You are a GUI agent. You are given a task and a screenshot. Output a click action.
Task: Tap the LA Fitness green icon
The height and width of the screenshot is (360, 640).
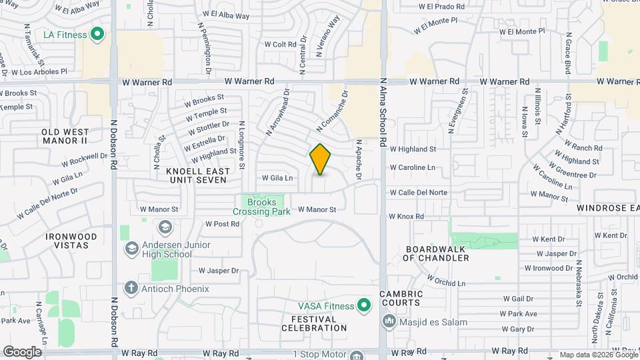(x=97, y=33)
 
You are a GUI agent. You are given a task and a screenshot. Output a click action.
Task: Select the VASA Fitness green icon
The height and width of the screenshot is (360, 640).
(x=363, y=306)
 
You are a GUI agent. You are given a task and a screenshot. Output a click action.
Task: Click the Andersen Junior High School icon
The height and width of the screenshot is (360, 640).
(x=131, y=249)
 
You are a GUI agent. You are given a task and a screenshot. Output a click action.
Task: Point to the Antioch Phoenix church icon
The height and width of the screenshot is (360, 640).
(x=131, y=289)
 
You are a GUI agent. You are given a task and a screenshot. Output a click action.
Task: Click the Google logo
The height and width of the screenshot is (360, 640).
(x=23, y=351)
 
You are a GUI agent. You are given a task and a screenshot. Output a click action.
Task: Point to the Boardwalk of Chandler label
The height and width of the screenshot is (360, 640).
(x=437, y=253)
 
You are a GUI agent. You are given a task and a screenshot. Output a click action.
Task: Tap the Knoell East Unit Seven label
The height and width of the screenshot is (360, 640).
(x=198, y=176)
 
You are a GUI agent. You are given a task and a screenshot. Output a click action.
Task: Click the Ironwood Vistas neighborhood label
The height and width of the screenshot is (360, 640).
(x=71, y=241)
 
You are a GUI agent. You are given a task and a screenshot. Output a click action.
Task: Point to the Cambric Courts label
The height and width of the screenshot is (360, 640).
(x=401, y=298)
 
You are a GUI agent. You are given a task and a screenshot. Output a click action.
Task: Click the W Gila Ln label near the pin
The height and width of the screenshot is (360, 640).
(x=277, y=178)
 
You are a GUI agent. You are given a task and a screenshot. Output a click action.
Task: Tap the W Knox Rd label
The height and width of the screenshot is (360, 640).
(x=406, y=217)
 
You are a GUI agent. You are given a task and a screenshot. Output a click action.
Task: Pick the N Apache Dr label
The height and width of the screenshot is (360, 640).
(x=359, y=160)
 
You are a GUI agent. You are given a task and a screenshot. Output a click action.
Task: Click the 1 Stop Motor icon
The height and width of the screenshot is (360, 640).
(x=357, y=355)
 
